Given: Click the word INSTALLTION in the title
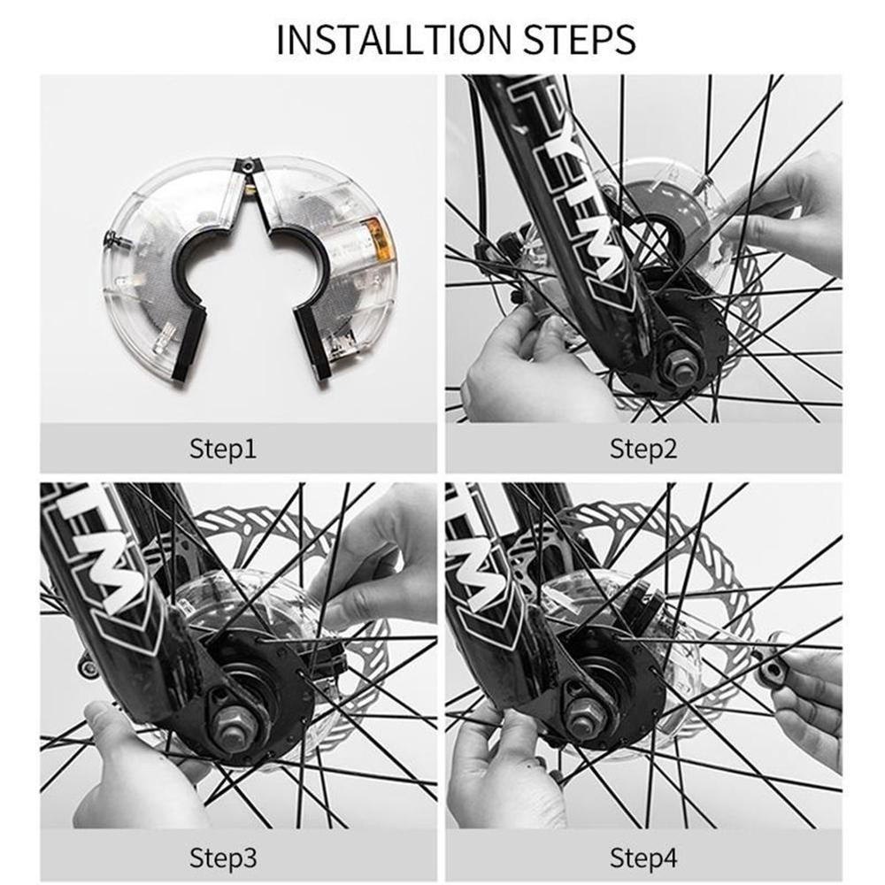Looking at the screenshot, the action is (393, 39).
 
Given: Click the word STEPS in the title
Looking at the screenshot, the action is (580, 39).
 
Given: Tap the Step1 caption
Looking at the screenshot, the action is (223, 450).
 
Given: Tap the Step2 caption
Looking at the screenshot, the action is (643, 450).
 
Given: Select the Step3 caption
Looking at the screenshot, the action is (223, 858).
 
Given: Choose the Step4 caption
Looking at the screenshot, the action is (643, 858).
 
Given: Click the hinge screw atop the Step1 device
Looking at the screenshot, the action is (247, 165).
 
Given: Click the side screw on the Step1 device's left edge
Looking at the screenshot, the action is (114, 239).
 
